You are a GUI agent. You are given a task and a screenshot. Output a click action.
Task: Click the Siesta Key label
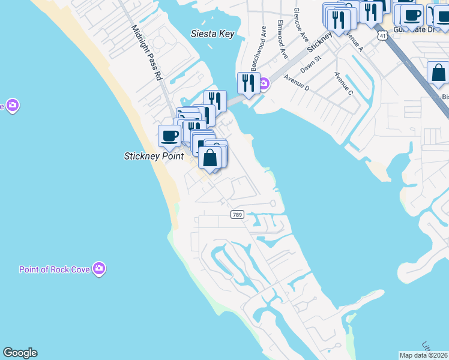(x=212, y=34)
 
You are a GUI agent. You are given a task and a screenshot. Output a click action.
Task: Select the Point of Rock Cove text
(x=55, y=269)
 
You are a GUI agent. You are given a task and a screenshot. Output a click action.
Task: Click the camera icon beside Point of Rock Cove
(x=100, y=269)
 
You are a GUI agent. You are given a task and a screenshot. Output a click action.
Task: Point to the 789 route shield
(x=237, y=214)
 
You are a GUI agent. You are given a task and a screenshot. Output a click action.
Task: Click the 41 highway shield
(x=383, y=36)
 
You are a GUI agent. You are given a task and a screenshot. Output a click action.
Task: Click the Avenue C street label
(x=343, y=83)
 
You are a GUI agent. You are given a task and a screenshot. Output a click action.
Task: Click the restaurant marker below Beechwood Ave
(x=248, y=82)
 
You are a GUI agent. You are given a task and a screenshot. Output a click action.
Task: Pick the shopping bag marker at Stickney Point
(x=210, y=158)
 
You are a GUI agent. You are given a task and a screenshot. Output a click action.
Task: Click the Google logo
(x=20, y=353)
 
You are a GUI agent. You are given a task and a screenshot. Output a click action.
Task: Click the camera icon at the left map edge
(x=12, y=106)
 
